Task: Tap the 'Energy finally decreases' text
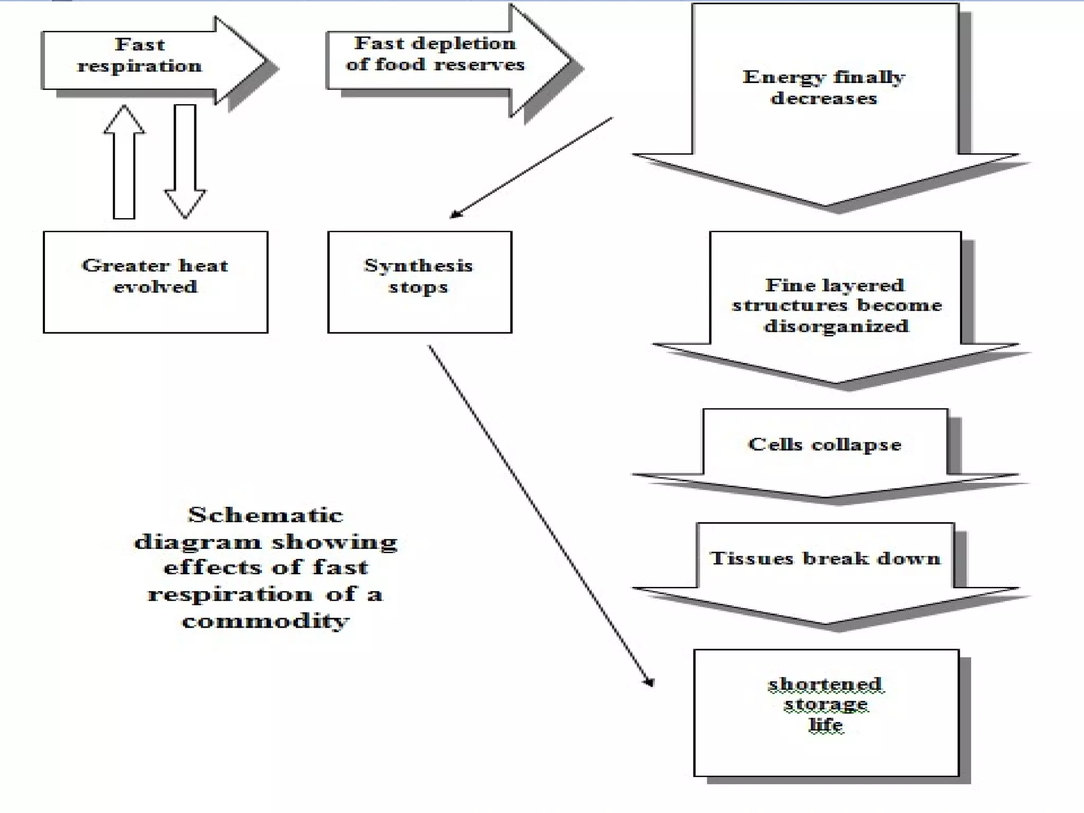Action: [824, 87]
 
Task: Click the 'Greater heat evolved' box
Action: [155, 282]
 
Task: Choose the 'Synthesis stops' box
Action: [419, 282]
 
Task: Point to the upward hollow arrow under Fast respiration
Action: [124, 161]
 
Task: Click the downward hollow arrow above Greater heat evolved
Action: [185, 161]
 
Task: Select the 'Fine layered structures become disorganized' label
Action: [836, 305]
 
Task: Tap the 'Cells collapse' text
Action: [824, 444]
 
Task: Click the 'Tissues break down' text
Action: [825, 558]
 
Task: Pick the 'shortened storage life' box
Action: [826, 712]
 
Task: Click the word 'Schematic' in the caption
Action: [266, 515]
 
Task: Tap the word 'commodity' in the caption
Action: [266, 620]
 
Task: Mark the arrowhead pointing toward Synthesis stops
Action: [455, 214]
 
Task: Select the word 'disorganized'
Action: [836, 326]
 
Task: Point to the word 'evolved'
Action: [155, 287]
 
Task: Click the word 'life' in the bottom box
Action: [826, 724]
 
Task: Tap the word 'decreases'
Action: [824, 98]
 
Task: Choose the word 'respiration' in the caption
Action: [230, 594]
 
